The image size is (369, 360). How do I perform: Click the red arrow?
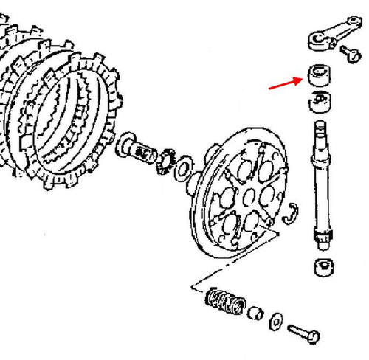coord(284,77)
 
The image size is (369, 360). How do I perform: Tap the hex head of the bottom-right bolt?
coord(314,336)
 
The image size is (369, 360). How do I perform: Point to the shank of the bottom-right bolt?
coord(297,328)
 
